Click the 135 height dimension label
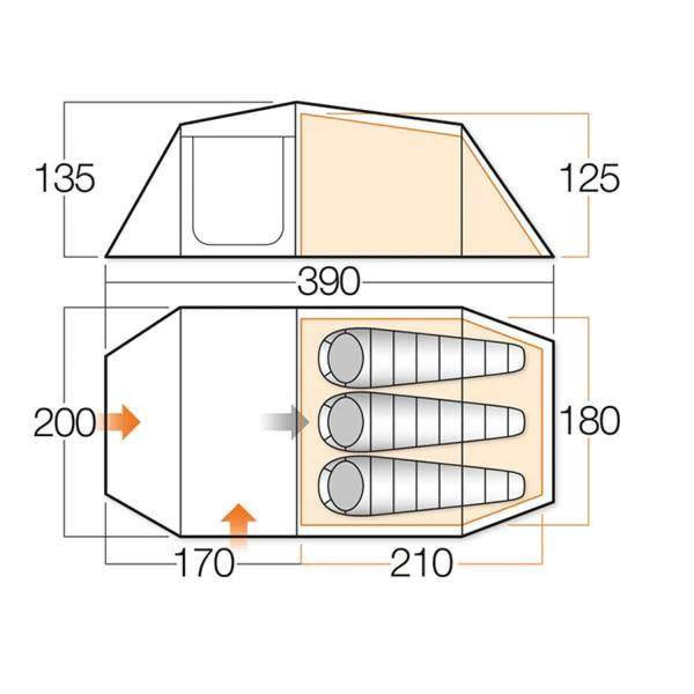(65, 179)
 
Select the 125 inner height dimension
(589, 179)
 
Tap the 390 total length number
(328, 282)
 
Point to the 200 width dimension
(65, 422)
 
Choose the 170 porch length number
(204, 563)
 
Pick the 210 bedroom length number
(421, 563)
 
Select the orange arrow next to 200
(119, 422)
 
